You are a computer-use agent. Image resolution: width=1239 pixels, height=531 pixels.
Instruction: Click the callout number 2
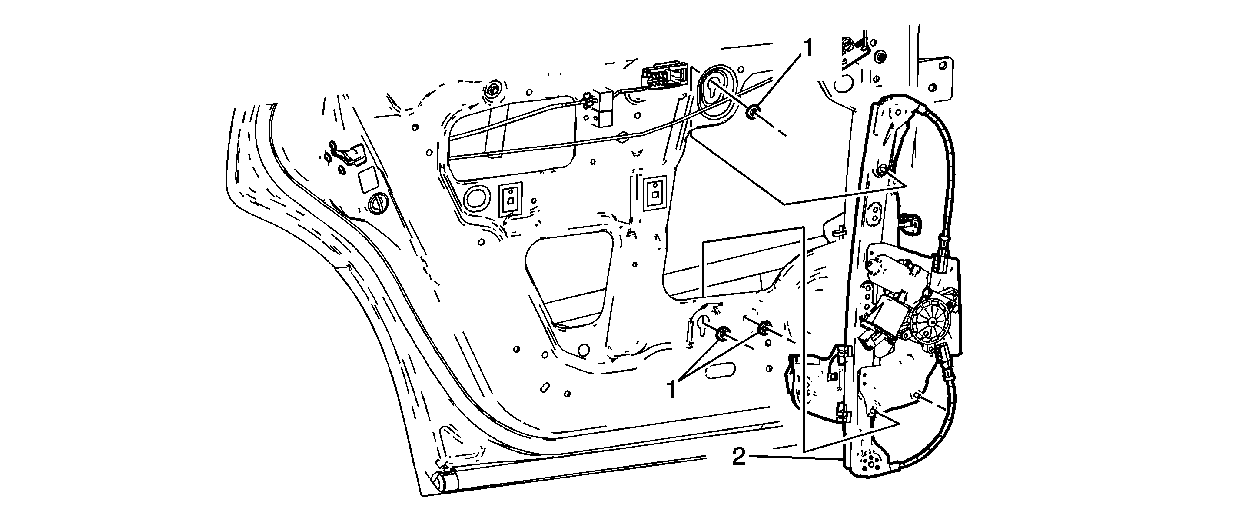pos(739,457)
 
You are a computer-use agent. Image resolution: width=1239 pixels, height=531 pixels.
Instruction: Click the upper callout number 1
pos(807,49)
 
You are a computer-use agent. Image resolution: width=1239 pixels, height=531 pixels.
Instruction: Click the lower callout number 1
pos(672,389)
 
